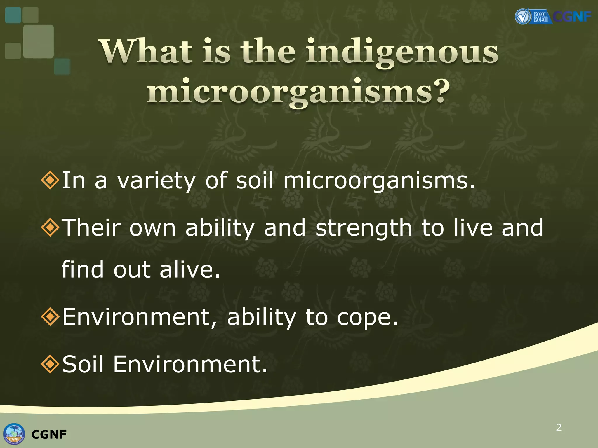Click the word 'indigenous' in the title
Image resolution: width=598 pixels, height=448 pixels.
(x=402, y=52)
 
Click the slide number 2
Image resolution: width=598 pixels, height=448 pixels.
(x=559, y=427)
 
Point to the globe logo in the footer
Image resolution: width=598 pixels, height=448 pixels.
(x=14, y=434)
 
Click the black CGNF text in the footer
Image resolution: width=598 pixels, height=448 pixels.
(x=49, y=435)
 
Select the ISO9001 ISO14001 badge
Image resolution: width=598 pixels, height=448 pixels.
(x=541, y=17)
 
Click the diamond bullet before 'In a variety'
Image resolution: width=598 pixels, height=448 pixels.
(x=50, y=180)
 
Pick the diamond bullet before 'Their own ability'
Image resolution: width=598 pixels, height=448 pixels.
(x=50, y=227)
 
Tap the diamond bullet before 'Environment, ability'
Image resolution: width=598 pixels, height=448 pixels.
(x=50, y=316)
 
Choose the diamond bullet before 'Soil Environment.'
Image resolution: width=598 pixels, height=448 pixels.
(x=50, y=364)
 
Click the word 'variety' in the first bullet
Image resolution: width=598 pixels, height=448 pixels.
(x=156, y=181)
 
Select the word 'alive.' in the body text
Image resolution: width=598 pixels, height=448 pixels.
(x=190, y=269)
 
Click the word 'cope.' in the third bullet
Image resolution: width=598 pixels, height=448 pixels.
(x=367, y=318)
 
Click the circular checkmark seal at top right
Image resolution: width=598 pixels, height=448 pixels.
(x=522, y=17)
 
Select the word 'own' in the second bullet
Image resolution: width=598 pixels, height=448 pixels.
(x=152, y=228)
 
